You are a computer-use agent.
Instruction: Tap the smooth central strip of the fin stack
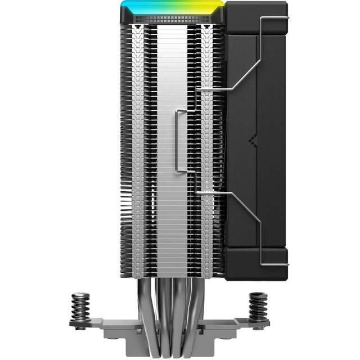(x=172, y=169)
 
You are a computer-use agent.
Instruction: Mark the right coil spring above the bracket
(x=259, y=307)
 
